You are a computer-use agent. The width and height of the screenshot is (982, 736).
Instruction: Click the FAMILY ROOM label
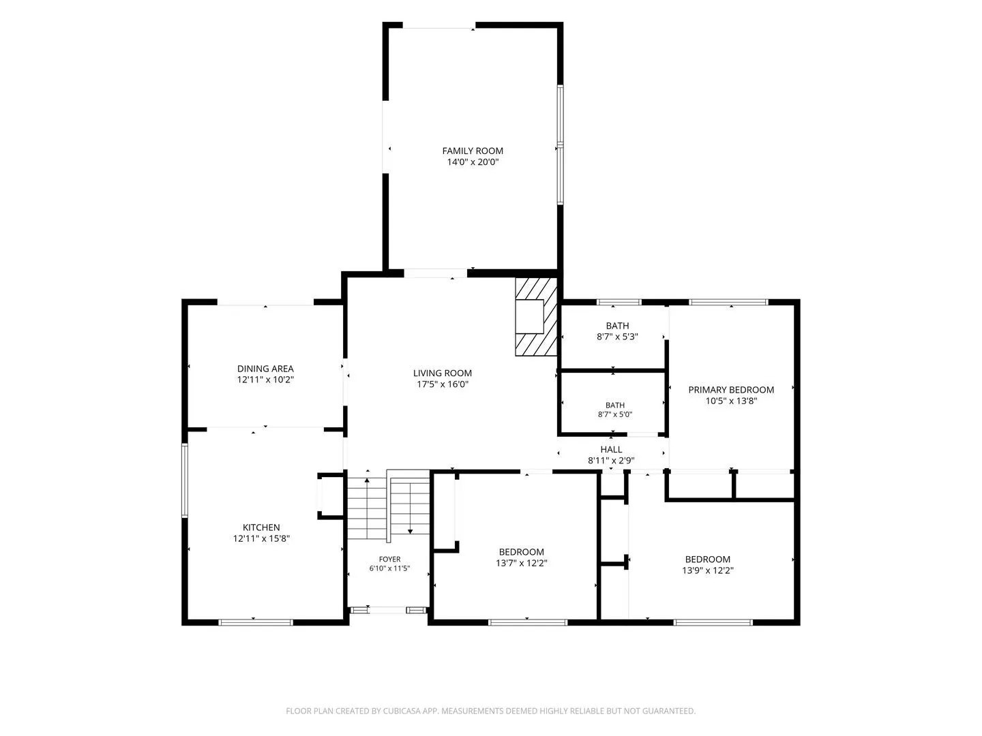coord(473,151)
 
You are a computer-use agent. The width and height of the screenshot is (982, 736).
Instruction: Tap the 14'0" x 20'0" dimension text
coord(473,162)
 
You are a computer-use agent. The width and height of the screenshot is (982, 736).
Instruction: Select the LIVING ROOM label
coord(442,373)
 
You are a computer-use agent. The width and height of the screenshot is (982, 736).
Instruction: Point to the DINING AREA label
coord(265,369)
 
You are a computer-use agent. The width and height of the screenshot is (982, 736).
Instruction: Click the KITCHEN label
coord(261,527)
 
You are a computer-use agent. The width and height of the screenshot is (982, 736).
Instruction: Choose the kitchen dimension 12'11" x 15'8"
coord(261,539)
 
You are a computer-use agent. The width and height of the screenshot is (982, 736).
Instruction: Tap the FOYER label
coord(389,559)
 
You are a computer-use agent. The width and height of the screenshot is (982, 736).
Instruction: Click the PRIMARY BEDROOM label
coord(731,390)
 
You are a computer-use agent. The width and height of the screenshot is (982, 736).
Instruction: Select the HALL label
coord(611,450)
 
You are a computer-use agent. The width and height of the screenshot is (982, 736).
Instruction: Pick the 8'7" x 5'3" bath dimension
coord(617,337)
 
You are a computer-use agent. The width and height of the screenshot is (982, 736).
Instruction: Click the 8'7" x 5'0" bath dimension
coord(615,415)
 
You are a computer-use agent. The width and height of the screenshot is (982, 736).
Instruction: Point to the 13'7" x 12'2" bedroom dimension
coord(522,563)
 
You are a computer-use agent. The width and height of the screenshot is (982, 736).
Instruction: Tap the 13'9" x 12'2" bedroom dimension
coord(708,570)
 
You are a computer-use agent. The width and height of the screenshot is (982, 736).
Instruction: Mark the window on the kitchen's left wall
coord(184,480)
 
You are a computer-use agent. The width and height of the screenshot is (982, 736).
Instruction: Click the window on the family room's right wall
coord(560,144)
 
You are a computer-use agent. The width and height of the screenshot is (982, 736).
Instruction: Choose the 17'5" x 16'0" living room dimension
coord(442,384)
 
